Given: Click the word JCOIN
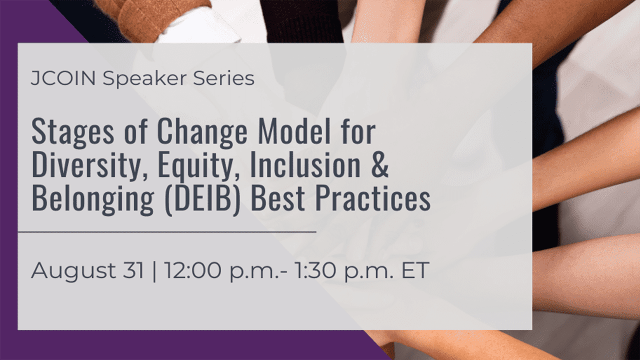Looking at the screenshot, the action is pos(63,78).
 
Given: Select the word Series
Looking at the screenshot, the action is pos(223,78).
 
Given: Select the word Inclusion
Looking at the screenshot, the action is pos(305,164).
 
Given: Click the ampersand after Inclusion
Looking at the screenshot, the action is pos(380,165).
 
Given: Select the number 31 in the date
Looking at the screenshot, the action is pos(133,270).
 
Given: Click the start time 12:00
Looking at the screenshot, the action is pos(192,270).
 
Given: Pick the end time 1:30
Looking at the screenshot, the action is pos(315,270).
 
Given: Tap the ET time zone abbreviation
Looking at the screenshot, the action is pos(415,270).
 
